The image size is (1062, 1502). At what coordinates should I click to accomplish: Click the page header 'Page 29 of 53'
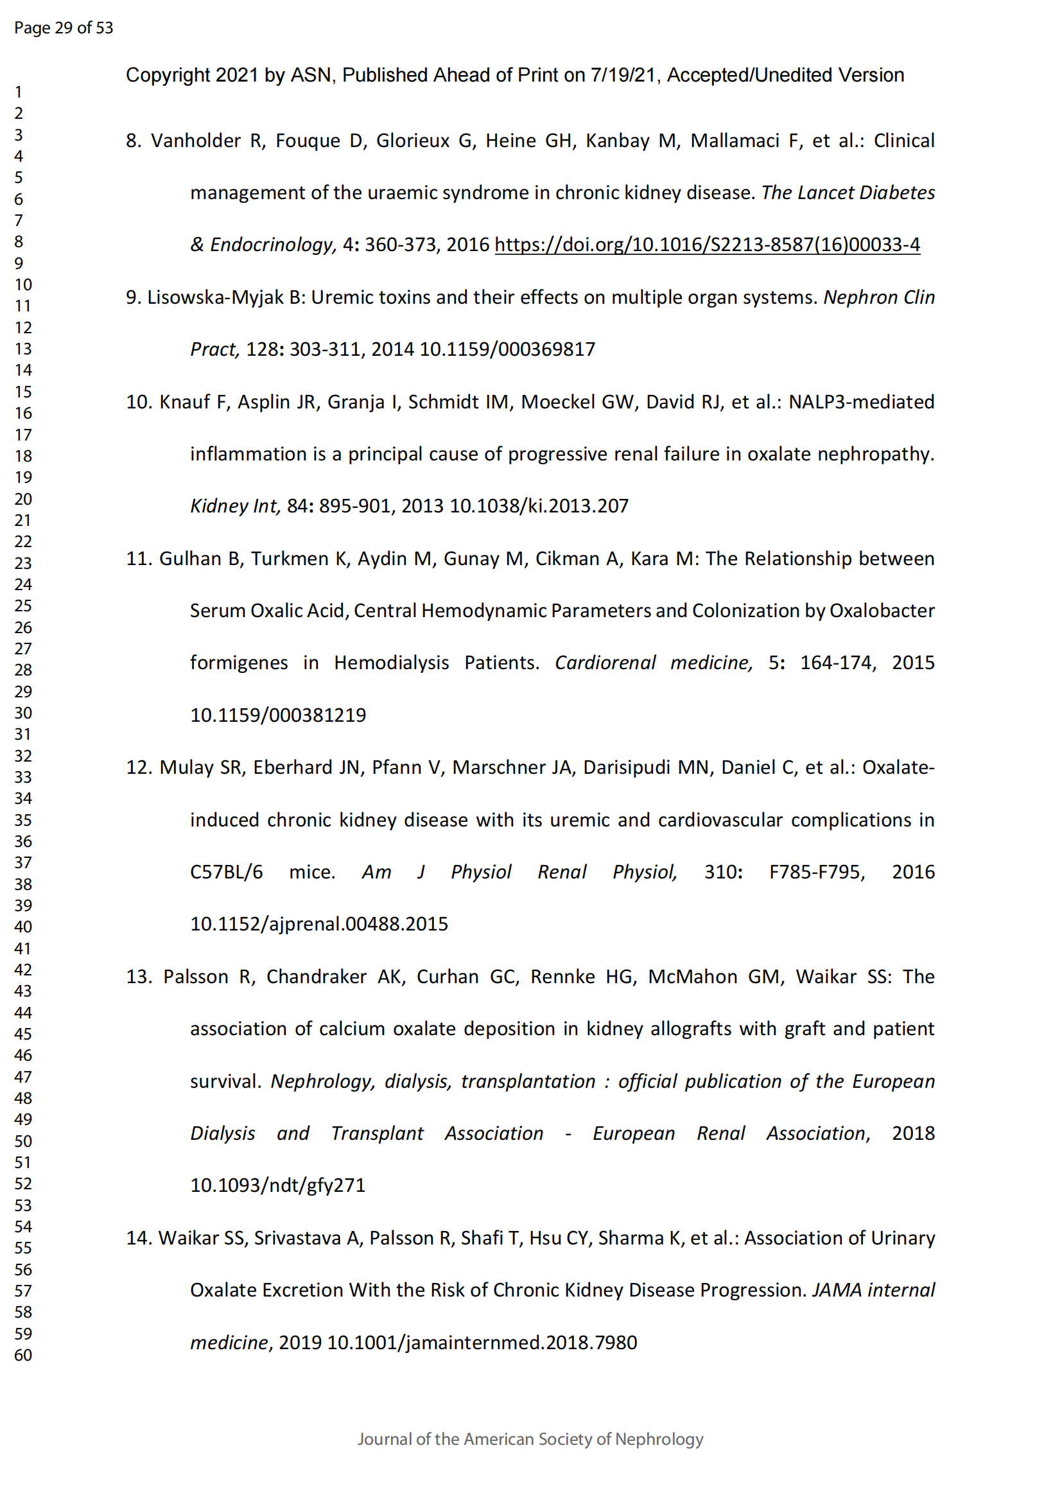tap(64, 28)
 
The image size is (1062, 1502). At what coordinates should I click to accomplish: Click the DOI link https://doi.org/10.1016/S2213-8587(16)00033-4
tap(707, 245)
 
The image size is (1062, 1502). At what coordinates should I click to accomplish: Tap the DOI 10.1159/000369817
tap(507, 349)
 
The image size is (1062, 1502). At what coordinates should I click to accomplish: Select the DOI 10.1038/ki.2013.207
tap(539, 505)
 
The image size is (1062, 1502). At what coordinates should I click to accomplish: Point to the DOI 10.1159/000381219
tap(278, 715)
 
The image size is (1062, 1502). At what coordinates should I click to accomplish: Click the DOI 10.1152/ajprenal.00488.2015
tap(318, 923)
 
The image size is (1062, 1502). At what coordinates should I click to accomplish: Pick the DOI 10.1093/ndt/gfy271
tap(277, 1185)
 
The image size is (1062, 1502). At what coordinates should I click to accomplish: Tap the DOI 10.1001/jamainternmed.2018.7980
tap(482, 1342)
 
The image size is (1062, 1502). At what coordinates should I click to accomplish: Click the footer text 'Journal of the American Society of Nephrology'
tap(530, 1439)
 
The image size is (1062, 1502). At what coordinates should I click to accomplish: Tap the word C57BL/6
tap(226, 872)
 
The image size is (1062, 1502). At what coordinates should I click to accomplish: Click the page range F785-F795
tap(817, 872)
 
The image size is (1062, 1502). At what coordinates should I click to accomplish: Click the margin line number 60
tap(23, 1355)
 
